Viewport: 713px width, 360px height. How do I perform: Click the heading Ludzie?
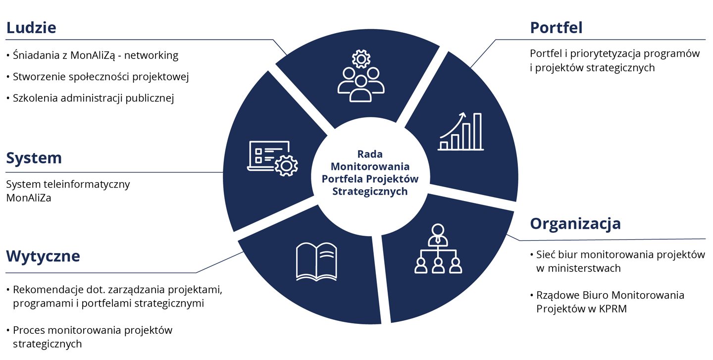(x=31, y=28)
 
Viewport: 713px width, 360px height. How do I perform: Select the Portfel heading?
(x=556, y=28)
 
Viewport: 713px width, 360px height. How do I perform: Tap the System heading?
(x=34, y=158)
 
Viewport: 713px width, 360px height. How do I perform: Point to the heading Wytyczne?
(x=43, y=257)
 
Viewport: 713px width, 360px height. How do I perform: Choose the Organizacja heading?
(x=575, y=223)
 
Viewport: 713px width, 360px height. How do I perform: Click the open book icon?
(x=315, y=261)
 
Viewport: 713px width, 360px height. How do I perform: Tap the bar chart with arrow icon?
(x=460, y=131)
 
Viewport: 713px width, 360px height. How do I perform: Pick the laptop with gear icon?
(x=272, y=158)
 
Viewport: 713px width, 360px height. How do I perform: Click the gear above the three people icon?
(x=361, y=59)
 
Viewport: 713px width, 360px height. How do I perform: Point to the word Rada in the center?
(x=370, y=154)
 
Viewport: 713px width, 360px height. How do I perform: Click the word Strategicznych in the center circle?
(x=370, y=191)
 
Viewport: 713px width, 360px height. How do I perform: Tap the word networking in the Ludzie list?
(x=151, y=55)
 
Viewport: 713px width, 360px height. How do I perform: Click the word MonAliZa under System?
(x=29, y=198)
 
